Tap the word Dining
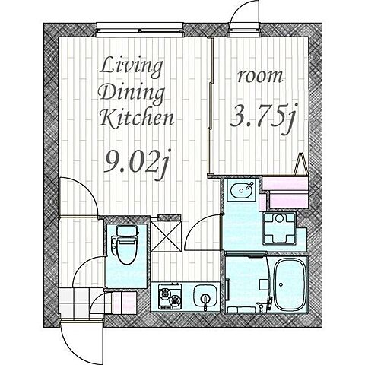click(x=132, y=94)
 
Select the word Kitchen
click(x=137, y=118)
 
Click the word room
click(x=260, y=76)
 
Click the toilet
click(x=125, y=245)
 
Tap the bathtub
click(x=289, y=284)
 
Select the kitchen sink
click(x=205, y=295)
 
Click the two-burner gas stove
click(x=170, y=297)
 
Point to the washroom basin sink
click(x=242, y=189)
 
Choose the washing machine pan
click(x=279, y=228)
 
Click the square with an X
click(x=166, y=236)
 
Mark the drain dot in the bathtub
click(x=281, y=284)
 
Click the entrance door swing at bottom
click(x=82, y=341)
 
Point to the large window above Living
click(x=140, y=30)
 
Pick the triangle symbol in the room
click(x=300, y=163)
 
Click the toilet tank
click(x=128, y=231)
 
